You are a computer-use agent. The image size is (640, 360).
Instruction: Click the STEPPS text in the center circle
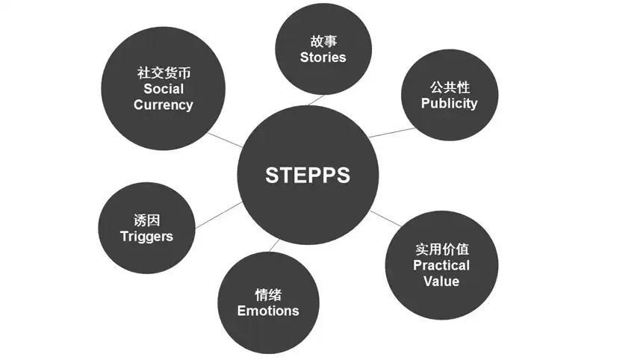307,176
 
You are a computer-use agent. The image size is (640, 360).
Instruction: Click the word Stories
323,57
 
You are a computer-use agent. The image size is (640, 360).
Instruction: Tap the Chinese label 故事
323,41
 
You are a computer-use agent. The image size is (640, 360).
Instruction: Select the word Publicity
449,103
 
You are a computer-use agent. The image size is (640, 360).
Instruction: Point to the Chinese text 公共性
449,87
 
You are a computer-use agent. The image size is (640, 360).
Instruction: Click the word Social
163,89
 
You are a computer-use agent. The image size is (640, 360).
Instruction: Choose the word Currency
163,105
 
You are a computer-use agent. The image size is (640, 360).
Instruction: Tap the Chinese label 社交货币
163,73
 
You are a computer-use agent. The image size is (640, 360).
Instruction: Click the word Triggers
146,236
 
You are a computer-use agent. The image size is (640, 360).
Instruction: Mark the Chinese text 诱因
146,220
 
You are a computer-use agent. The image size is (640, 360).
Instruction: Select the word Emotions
268,311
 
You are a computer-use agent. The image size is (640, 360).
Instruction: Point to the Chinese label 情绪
268,295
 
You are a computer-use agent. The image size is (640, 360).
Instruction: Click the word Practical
441,265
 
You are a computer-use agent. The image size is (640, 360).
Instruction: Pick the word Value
441,281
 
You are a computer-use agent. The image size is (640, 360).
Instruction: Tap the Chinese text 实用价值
441,249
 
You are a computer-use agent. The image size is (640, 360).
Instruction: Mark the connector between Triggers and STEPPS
218,214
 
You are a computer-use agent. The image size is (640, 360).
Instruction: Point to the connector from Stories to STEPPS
314,99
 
